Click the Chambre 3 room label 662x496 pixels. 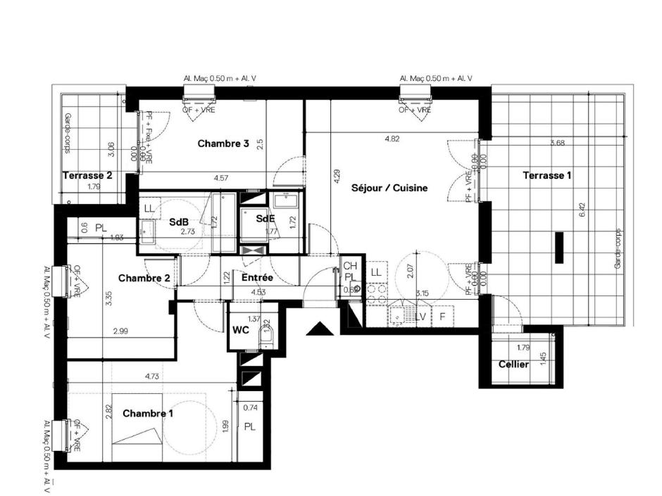pos(223,144)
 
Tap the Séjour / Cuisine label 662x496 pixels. pos(389,188)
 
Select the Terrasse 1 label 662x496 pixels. pos(547,175)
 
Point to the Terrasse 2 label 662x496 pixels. pos(87,176)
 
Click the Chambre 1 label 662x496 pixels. pos(148,414)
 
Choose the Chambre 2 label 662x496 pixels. pos(144,279)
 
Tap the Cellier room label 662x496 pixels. pos(513,364)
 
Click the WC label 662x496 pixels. pos(240,330)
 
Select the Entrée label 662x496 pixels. pos(257,279)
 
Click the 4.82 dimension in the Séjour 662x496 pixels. pos(392,139)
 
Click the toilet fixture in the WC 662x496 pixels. pos(266,339)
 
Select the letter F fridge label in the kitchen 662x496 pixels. pos(442,317)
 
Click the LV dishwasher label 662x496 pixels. pos(420,317)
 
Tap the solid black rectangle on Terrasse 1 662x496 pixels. pos(558,248)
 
